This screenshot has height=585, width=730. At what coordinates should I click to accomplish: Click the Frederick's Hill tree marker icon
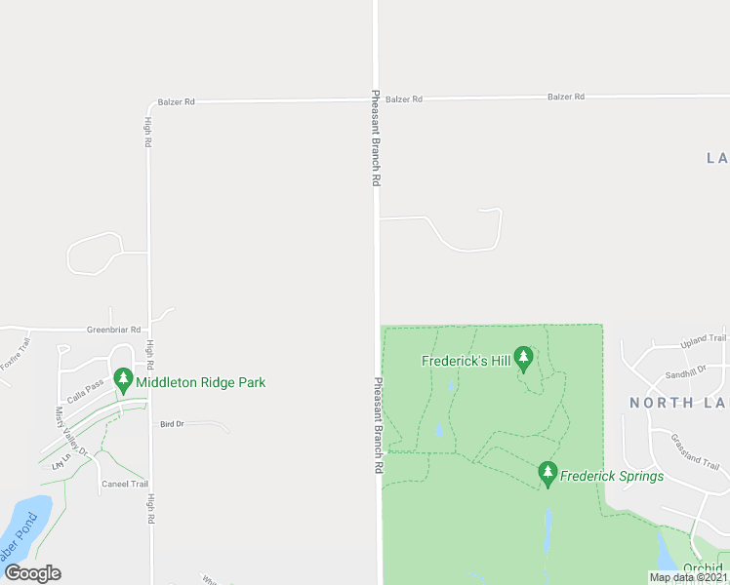click(x=524, y=359)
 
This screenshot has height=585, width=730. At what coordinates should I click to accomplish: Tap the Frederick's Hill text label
click(x=466, y=361)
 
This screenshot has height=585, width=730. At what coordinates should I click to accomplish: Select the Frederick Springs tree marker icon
click(x=547, y=475)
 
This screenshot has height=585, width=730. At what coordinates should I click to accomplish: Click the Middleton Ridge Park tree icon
click(x=123, y=379)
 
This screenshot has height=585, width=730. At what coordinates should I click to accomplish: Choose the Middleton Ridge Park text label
click(x=201, y=382)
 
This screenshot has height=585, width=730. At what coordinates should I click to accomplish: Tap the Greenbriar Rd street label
click(x=113, y=331)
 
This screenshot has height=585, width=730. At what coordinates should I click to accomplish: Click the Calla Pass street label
click(x=85, y=386)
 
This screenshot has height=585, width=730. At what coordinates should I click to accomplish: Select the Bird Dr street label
click(x=172, y=424)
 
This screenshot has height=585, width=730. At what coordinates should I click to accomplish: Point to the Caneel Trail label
click(x=125, y=484)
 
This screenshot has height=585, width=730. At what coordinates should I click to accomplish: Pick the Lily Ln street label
click(x=61, y=461)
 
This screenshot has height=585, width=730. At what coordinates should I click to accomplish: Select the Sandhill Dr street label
click(x=685, y=373)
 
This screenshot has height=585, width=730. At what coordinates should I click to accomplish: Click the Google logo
click(x=33, y=573)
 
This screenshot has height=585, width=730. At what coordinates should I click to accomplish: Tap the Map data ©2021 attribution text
click(x=687, y=577)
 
